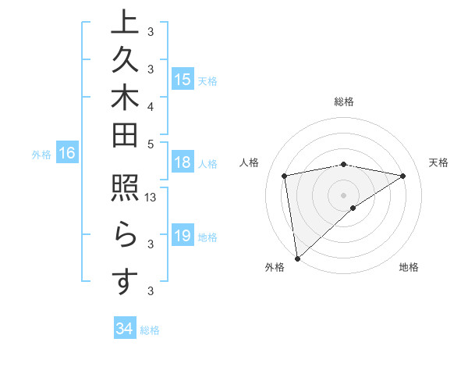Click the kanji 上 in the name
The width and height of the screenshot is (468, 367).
124,23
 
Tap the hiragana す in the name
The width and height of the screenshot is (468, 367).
124,282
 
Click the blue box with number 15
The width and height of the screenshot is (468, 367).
183,79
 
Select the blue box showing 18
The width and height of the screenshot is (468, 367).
183,162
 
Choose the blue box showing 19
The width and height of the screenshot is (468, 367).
183,236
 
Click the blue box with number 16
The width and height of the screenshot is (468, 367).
67,153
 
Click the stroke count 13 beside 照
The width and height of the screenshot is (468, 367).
151,198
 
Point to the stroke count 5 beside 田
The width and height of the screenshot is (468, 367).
151,143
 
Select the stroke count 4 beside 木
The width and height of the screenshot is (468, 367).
151,105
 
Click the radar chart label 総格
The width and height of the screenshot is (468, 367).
343,102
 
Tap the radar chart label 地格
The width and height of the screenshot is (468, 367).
409,267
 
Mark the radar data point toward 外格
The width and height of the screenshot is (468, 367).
297,258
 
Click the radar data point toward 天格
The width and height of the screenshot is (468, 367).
403,176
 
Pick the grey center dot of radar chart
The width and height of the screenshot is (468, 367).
343,194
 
